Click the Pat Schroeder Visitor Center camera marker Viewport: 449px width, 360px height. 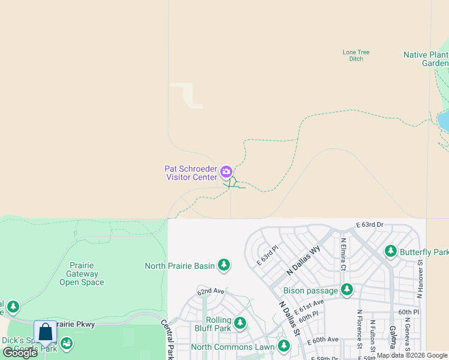(226, 173)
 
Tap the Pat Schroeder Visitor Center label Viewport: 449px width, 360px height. (190, 173)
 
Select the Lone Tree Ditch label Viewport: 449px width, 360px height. (356, 55)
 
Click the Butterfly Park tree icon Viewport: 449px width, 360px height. (391, 251)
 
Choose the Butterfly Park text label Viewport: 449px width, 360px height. (424, 253)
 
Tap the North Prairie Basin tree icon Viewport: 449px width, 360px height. (224, 265)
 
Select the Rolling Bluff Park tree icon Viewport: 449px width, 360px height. (240, 323)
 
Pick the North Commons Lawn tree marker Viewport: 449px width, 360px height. (283, 346)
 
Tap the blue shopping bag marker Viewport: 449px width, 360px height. (46, 332)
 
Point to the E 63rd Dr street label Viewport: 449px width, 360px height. (369, 224)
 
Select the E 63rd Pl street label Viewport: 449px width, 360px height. (268, 254)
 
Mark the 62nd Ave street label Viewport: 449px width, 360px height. (211, 291)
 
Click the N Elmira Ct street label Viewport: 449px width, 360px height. (343, 254)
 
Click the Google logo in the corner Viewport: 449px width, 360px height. (19, 353)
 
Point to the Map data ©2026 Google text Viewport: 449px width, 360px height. (412, 356)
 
